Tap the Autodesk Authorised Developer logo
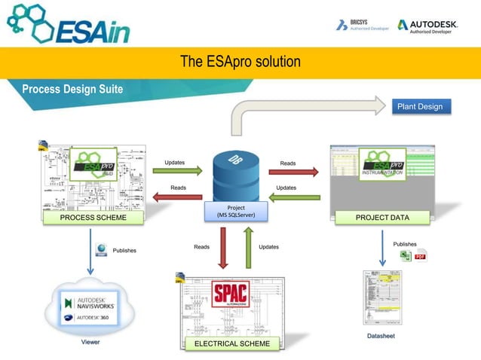[427, 26]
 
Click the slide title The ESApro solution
[240, 61]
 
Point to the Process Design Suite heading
[72, 90]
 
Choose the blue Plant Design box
[420, 106]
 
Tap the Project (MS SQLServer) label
[235, 212]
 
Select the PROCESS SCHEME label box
[84, 218]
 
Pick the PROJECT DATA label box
[382, 218]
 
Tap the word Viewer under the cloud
[90, 342]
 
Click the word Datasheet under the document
[381, 335]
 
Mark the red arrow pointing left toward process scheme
[178, 198]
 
